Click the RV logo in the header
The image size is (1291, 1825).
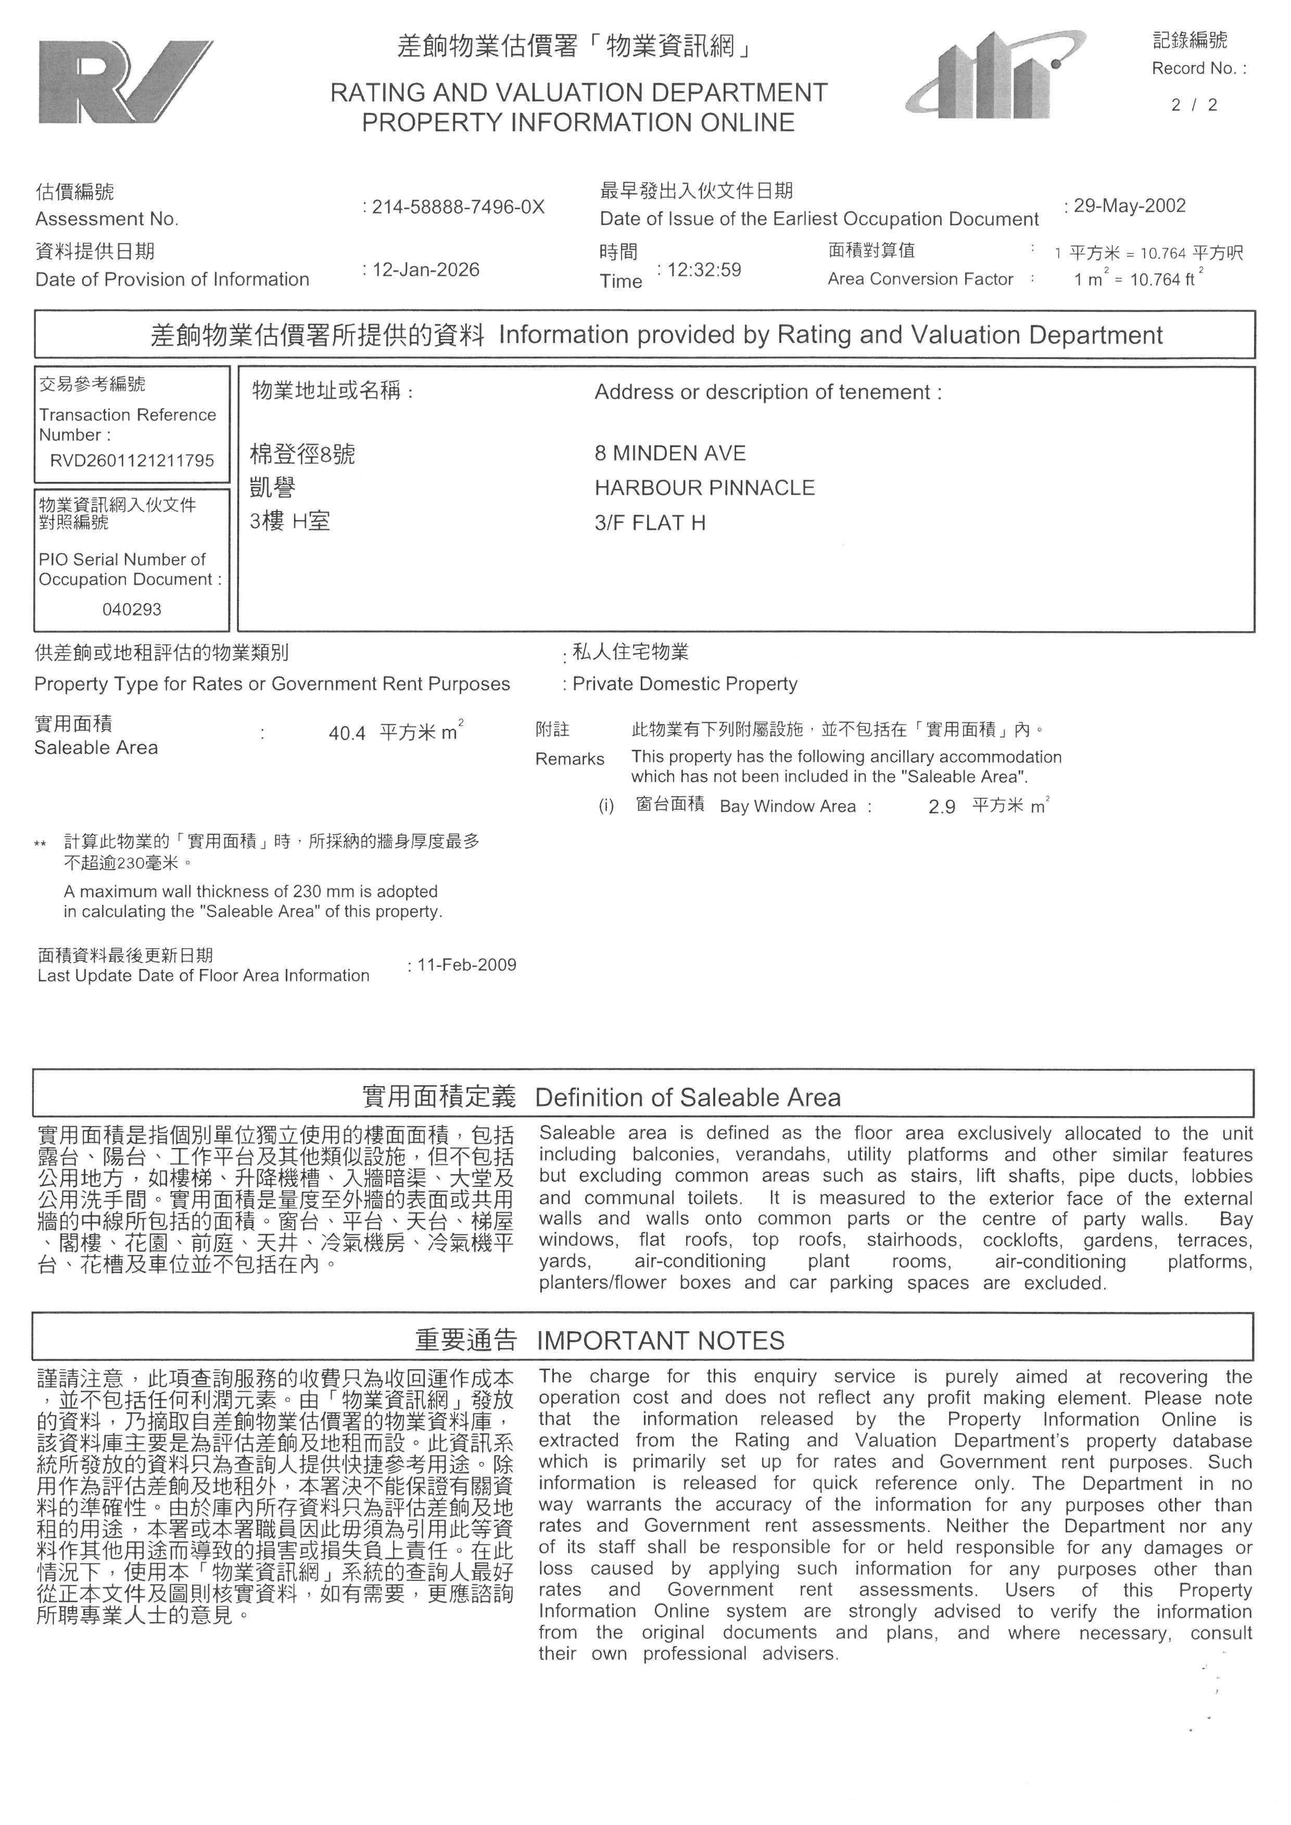tap(125, 82)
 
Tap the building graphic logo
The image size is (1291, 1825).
tap(996, 75)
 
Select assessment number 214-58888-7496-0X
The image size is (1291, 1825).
tap(459, 208)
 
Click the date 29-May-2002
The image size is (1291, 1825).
tap(1130, 206)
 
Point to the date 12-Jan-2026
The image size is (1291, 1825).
tap(426, 270)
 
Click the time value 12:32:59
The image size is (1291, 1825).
tap(704, 270)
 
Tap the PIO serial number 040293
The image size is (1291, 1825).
tap(132, 610)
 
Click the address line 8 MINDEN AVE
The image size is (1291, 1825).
tap(670, 453)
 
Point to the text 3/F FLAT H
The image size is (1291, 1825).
tap(650, 522)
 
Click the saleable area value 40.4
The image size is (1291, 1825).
tap(347, 733)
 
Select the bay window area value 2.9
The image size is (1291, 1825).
tap(942, 807)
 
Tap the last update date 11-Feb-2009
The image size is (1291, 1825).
tap(466, 965)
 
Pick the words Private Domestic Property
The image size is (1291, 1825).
tap(685, 684)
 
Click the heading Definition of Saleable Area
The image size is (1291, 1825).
tap(688, 1097)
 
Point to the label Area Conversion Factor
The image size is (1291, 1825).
tap(920, 279)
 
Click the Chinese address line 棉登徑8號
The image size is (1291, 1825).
tap(303, 455)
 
